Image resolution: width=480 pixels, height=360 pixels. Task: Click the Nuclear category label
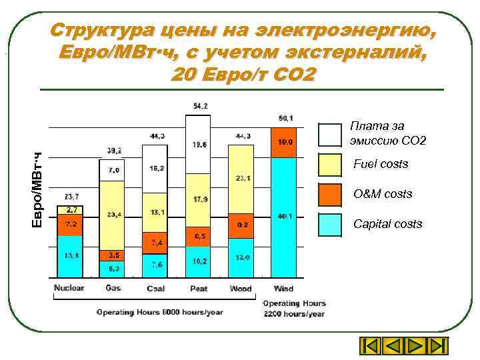pyautogui.click(x=69, y=289)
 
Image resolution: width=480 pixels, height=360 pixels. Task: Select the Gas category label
pyautogui.click(x=113, y=289)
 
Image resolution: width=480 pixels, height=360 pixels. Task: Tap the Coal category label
pyautogui.click(x=155, y=289)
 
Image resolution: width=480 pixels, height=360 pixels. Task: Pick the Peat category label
pyautogui.click(x=199, y=289)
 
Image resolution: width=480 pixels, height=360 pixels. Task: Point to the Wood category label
pyautogui.click(x=241, y=289)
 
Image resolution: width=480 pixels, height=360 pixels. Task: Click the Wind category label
pyautogui.click(x=283, y=289)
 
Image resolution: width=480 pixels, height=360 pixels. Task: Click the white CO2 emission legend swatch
pyautogui.click(x=331, y=135)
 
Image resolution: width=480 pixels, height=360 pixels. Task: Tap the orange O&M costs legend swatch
pyautogui.click(x=331, y=195)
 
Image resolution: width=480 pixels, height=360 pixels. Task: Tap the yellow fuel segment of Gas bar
pyautogui.click(x=112, y=213)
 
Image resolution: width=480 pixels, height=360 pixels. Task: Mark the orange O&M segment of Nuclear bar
pyautogui.click(x=69, y=225)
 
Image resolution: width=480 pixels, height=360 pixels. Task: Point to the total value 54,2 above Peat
pyautogui.click(x=199, y=106)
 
